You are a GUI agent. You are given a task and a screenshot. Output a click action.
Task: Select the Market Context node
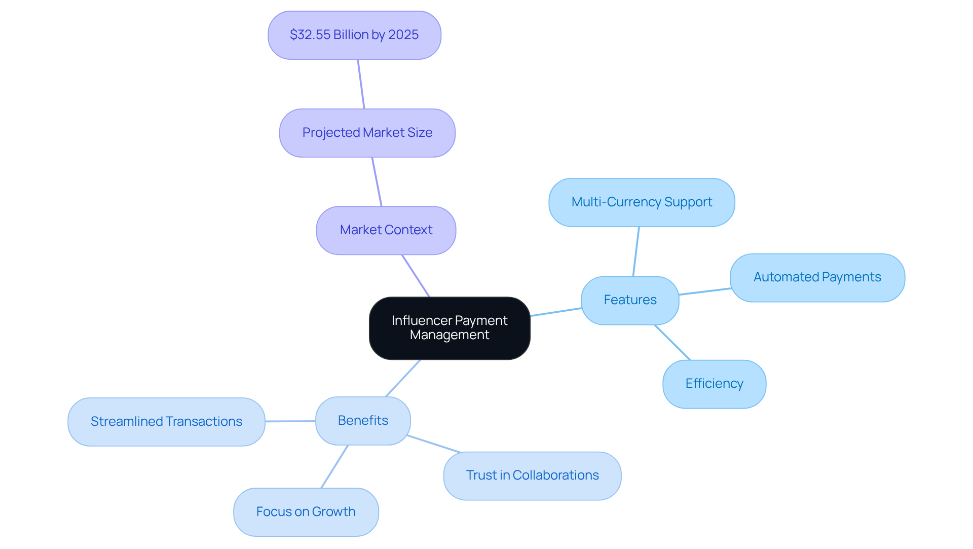[386, 230]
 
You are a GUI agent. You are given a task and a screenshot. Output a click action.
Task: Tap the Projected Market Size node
[367, 133]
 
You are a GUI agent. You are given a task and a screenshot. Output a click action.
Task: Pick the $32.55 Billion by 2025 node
[354, 35]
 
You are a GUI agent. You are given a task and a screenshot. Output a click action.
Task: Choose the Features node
[630, 300]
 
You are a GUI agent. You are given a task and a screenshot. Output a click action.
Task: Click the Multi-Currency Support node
[642, 202]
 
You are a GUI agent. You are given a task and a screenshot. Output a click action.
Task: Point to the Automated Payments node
[817, 277]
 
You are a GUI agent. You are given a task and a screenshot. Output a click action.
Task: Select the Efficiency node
[714, 384]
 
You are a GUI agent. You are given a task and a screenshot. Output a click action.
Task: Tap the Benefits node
[363, 421]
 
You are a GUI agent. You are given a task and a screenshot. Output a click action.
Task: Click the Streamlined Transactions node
[166, 422]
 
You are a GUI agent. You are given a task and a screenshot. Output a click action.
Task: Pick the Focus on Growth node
[306, 512]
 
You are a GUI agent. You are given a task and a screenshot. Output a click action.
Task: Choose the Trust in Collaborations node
[532, 475]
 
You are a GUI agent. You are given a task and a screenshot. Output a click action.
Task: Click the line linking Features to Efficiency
[672, 343]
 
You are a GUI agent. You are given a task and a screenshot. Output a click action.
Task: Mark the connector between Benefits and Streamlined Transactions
[290, 421]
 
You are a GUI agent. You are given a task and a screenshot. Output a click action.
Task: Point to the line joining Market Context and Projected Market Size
[377, 181]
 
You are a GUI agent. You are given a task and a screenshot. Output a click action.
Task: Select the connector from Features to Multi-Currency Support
[636, 251]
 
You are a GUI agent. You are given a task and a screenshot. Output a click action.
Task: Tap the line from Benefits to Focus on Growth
[334, 467]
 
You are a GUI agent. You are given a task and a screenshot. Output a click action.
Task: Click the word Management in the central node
[450, 335]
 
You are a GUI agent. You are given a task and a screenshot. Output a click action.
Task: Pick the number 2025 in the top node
[403, 35]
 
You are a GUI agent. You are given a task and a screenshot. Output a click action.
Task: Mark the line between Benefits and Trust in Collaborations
[434, 444]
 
